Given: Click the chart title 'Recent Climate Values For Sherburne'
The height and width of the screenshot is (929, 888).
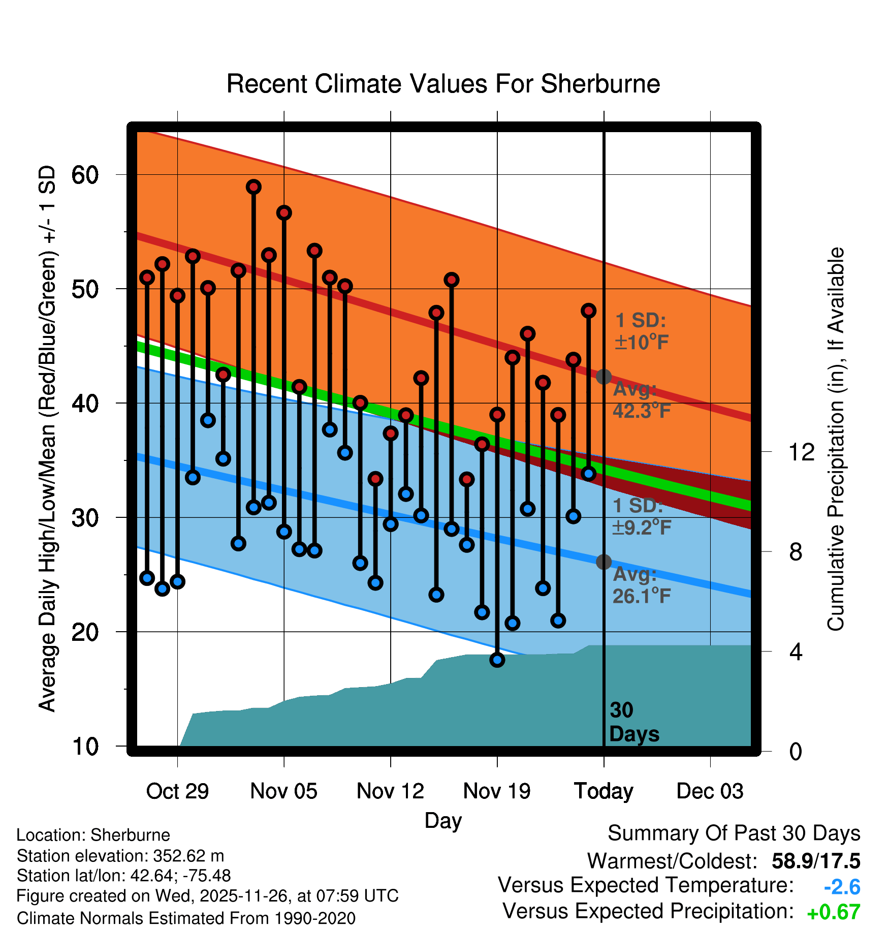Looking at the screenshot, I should [x=443, y=84].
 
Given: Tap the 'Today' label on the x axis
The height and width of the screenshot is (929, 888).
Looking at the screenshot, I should [x=604, y=791].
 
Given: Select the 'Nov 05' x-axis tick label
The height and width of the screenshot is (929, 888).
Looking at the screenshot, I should [x=283, y=791].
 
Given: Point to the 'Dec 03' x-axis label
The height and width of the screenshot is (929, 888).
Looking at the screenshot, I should [x=710, y=791].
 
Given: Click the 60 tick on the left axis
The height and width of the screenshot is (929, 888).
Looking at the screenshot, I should [x=85, y=175].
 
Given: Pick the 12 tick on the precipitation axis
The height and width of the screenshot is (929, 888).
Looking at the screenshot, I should [x=801, y=452].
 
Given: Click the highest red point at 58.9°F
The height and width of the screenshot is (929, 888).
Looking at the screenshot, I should [x=254, y=187].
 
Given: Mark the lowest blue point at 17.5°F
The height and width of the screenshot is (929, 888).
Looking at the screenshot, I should [x=497, y=660].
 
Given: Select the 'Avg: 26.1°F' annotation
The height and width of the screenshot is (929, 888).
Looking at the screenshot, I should [x=641, y=585].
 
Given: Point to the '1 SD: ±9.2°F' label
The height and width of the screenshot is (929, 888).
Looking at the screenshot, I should [x=641, y=516].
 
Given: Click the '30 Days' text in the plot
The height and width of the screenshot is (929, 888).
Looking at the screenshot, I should [x=633, y=722].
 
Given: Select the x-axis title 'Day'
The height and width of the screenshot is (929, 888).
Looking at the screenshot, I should [x=443, y=821].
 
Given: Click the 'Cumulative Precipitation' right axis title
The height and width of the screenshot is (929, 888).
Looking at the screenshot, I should [x=836, y=439].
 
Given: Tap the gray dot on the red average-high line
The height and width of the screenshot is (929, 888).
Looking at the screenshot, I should [x=604, y=377].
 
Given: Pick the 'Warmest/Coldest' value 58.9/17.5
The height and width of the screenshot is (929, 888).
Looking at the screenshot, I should [x=816, y=861].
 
